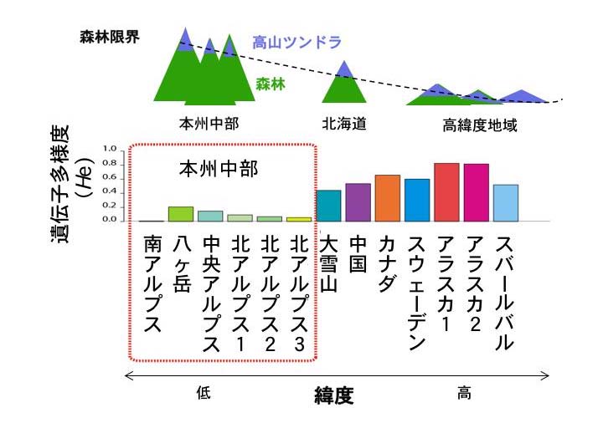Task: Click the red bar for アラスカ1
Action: point(446,192)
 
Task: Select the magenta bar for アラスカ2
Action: point(476,192)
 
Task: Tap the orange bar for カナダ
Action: point(388,198)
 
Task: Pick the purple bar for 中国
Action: point(358,202)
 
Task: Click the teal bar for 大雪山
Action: point(328,206)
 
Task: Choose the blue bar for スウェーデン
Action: point(416,200)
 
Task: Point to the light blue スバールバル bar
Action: point(506,203)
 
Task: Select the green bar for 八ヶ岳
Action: point(181,214)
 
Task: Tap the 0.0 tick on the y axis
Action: point(109,220)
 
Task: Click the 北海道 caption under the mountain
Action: point(344,125)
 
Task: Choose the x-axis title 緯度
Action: point(328,395)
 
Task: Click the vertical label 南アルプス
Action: point(152,284)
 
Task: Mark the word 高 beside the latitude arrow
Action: point(464,394)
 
